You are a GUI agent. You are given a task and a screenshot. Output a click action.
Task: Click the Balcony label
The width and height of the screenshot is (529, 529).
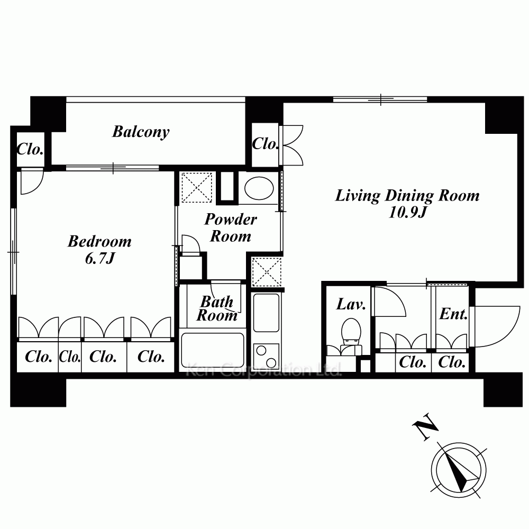[141, 132]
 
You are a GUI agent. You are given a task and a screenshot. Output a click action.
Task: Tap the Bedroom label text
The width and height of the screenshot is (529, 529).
[99, 241]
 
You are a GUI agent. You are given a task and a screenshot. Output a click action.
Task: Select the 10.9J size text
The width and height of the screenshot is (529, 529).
[408, 213]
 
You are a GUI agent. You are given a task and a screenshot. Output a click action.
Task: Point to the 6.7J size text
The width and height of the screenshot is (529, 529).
[100, 259]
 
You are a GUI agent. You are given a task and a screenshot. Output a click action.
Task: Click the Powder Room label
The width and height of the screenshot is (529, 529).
[231, 227]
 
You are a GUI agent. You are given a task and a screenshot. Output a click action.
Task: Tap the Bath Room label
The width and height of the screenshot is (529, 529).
[217, 308]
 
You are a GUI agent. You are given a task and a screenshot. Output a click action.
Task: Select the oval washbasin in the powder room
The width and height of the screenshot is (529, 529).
[259, 188]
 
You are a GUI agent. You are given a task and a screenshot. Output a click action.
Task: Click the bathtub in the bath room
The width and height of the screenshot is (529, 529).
[213, 350]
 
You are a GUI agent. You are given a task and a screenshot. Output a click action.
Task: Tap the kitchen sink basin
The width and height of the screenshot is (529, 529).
[266, 313]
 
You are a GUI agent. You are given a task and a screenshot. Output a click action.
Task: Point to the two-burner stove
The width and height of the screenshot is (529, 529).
[266, 356]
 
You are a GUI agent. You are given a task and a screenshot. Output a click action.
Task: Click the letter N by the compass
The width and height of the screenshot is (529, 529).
[425, 426]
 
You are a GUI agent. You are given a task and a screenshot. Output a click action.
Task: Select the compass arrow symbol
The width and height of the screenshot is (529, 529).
[459, 470]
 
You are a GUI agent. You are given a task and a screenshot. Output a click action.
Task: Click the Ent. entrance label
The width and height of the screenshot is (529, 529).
[454, 314]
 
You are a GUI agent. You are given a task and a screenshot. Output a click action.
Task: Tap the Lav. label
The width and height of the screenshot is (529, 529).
[351, 304]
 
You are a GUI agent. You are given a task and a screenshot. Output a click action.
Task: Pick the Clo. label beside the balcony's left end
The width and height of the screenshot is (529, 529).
[30, 149]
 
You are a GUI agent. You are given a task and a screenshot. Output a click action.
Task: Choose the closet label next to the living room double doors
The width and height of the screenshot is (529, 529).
[265, 144]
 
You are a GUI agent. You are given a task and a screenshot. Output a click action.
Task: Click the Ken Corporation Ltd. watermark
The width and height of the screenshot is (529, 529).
[264, 370]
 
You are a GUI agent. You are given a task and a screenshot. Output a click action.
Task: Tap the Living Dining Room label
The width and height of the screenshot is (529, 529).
[407, 196]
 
